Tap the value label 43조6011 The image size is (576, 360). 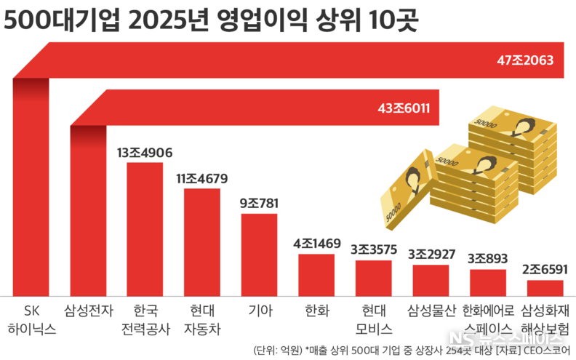[404, 108]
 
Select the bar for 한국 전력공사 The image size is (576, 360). [145, 228]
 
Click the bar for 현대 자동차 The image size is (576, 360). [202, 241]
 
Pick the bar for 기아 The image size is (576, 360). [259, 254]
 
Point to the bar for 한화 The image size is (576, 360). [316, 274]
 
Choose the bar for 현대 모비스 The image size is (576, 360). [373, 277]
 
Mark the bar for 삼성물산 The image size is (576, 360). [431, 279]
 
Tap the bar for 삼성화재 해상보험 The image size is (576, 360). [545, 287]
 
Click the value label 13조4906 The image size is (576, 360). [145, 153]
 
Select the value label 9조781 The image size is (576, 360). [259, 203]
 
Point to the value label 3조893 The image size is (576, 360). [487, 258]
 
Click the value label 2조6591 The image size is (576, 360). [545, 270]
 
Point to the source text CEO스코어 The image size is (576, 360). [545, 350]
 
